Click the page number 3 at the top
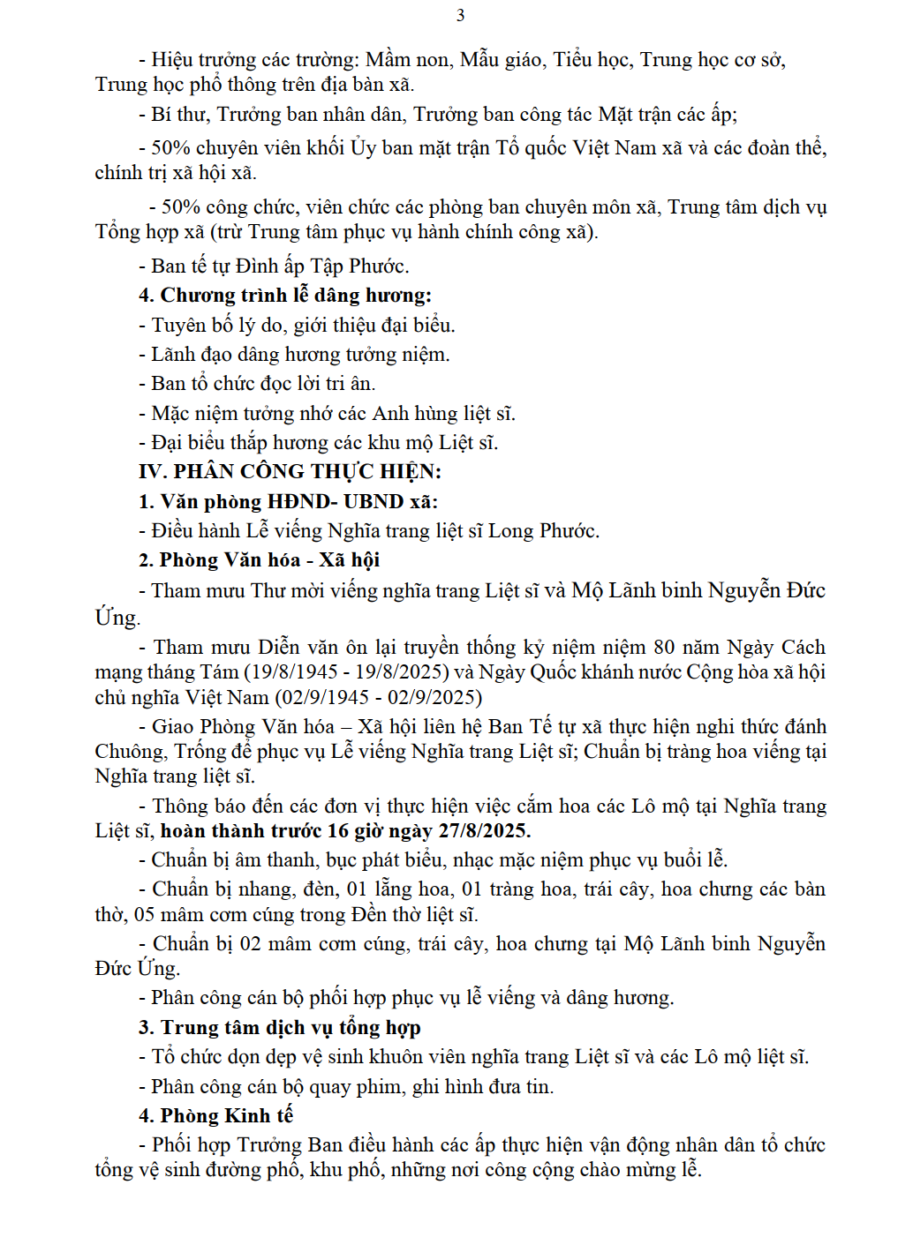click(x=460, y=15)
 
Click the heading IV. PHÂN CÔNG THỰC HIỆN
click(x=290, y=471)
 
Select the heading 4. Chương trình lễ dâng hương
click(x=284, y=296)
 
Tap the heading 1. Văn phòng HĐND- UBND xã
click(x=288, y=501)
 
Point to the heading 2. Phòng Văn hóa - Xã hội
click(x=259, y=560)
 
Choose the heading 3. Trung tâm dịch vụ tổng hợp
click(x=279, y=1027)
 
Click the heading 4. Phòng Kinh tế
click(x=215, y=1115)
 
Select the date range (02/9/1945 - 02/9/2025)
click(x=379, y=697)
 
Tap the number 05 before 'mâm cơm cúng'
click(x=144, y=914)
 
